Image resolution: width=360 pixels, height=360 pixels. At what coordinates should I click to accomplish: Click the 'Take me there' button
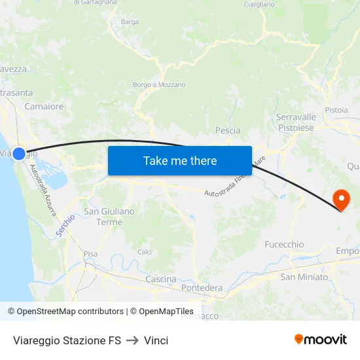180,160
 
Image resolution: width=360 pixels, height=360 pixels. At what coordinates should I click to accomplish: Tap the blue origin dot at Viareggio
19,154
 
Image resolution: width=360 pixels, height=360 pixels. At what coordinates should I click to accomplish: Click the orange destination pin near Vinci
341,198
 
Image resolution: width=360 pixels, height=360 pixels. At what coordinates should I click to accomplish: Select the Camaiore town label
44,106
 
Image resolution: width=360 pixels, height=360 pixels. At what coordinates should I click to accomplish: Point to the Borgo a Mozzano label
159,84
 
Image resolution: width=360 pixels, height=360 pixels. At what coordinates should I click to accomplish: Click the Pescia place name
228,130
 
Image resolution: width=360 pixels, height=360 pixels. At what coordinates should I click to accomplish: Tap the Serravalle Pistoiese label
296,122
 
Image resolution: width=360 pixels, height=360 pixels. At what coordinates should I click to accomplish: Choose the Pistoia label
336,110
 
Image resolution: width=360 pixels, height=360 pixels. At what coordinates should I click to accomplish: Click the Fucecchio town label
284,244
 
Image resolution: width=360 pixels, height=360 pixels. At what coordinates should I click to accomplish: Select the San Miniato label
304,277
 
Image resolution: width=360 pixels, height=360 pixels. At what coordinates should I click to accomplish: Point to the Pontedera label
202,288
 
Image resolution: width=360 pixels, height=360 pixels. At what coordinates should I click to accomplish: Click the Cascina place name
160,279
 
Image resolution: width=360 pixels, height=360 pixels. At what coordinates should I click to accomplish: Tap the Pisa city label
90,253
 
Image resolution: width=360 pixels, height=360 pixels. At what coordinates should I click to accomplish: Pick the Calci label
145,251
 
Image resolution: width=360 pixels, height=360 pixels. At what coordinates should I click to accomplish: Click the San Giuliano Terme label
109,217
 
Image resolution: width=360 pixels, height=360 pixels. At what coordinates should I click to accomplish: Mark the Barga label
130,22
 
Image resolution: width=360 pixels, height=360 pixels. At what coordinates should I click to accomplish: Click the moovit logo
321,339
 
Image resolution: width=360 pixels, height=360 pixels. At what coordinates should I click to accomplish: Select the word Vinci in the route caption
156,340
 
